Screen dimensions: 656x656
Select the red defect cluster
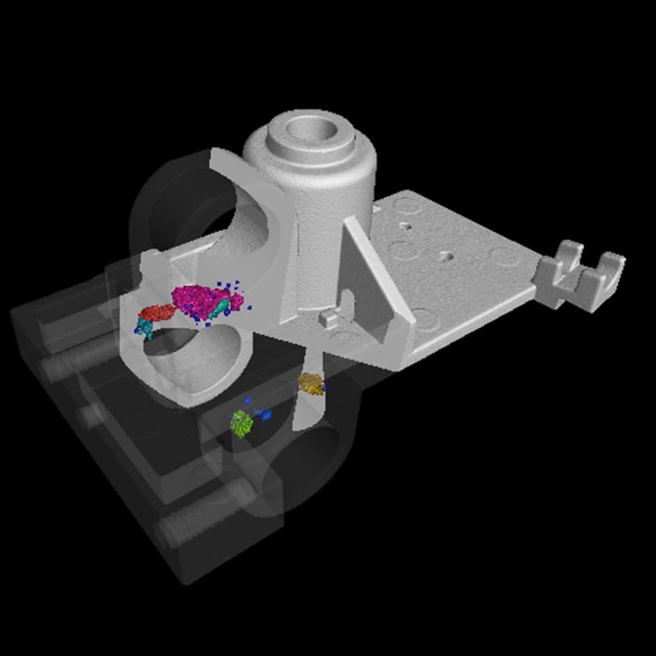[157, 313]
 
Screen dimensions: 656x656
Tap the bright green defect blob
[242, 423]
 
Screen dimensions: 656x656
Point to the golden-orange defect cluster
[310, 384]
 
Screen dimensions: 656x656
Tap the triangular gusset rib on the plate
[371, 273]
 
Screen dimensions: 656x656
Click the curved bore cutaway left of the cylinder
[243, 225]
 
